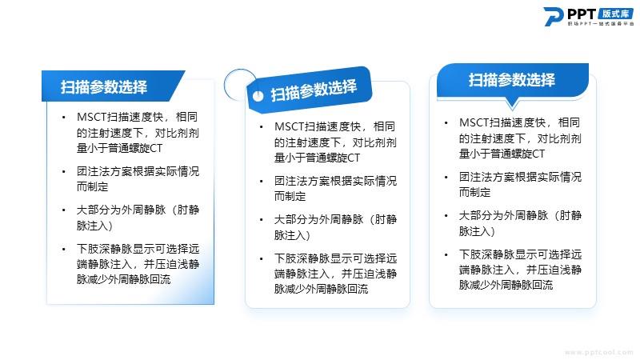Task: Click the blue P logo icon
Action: click(553, 17)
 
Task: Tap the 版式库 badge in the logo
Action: click(615, 14)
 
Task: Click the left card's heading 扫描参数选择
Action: click(104, 87)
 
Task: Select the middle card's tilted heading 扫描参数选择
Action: click(314, 90)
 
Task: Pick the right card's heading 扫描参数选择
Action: click(512, 80)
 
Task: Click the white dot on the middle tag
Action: click(258, 96)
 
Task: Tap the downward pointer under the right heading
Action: click(512, 103)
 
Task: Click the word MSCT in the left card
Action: click(91, 117)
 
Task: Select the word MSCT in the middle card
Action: click(289, 126)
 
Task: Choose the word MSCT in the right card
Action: click(474, 122)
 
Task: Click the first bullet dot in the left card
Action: click(64, 118)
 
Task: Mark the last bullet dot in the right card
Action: click(446, 254)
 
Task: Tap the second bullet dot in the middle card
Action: click(262, 182)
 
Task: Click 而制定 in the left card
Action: click(93, 186)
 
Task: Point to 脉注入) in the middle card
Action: click(292, 235)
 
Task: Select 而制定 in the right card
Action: click(474, 192)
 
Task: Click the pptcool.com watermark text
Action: click(599, 352)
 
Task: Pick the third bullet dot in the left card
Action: click(64, 210)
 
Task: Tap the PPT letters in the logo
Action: click(582, 14)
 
